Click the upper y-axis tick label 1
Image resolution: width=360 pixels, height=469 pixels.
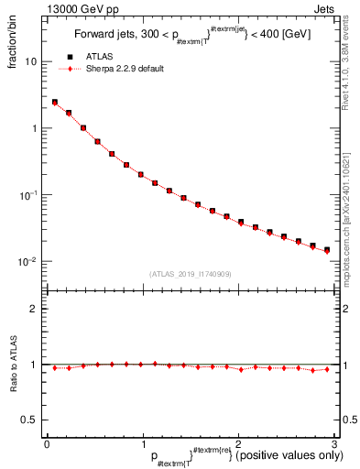pyautogui.click(x=35, y=128)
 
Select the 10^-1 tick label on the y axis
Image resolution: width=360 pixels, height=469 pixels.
pyautogui.click(x=29, y=194)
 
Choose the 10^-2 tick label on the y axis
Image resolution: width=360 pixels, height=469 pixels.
pyautogui.click(x=29, y=261)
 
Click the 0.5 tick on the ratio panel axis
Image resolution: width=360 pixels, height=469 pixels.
pyautogui.click(x=31, y=420)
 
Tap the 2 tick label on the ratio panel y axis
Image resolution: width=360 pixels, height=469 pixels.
pyautogui.click(x=35, y=309)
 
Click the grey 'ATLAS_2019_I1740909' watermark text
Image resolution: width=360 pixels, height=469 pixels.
pyautogui.click(x=189, y=274)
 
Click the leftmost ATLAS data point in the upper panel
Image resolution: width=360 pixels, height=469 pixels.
pyautogui.click(x=54, y=103)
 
